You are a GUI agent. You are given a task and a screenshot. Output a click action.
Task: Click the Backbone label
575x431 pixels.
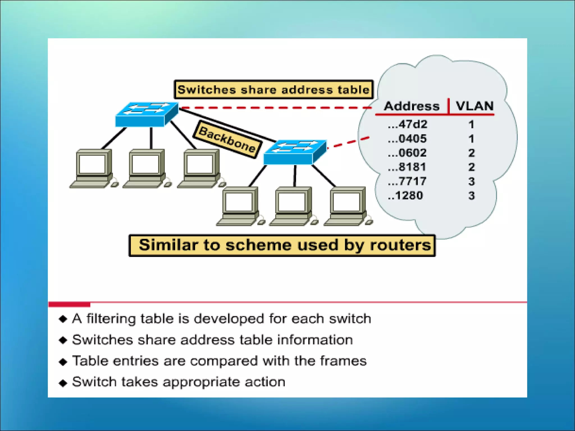(227, 139)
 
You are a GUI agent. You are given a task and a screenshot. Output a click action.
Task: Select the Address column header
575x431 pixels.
(411, 106)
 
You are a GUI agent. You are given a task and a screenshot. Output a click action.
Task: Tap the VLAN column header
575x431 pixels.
(474, 106)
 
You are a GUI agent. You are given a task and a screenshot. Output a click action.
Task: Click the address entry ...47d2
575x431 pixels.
(407, 124)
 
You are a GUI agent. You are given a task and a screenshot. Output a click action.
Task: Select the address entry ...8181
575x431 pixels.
(407, 167)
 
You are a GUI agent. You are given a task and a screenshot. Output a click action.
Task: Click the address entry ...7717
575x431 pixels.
(407, 181)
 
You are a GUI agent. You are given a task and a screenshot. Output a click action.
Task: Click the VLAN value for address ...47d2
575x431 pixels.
(471, 124)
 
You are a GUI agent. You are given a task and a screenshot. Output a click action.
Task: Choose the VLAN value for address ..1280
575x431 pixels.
(471, 196)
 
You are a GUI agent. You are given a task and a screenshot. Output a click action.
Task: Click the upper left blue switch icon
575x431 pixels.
(147, 114)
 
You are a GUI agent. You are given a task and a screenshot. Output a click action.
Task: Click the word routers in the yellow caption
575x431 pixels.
(400, 245)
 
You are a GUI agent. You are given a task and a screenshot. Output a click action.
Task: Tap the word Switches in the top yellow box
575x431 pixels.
(207, 90)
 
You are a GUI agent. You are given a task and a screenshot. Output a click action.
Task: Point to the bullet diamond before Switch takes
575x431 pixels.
(63, 383)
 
